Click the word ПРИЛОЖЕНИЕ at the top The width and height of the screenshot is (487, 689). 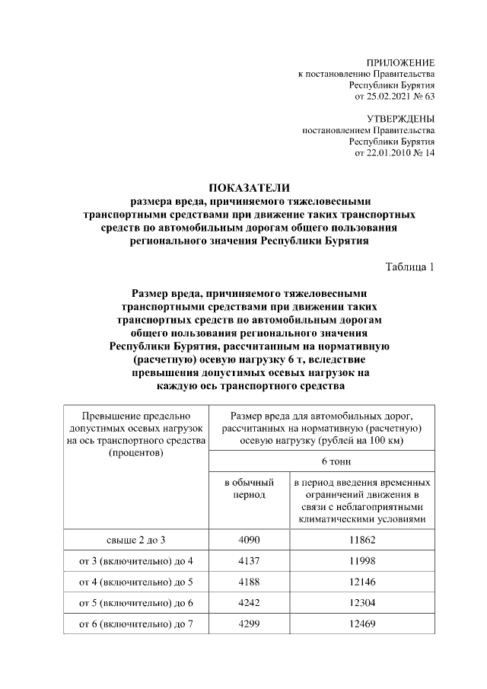[400, 62]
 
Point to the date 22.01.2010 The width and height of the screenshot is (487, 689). [390, 153]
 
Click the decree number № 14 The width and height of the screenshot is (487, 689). [425, 153]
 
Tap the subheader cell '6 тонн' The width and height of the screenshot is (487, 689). [323, 462]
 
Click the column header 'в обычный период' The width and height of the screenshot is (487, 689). [248, 489]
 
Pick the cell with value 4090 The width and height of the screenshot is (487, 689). [248, 540]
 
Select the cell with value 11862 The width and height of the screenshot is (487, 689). [360, 540]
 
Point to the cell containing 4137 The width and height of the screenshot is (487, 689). [248, 561]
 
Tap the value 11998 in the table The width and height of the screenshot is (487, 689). [360, 561]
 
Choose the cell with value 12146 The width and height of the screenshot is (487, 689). [360, 582]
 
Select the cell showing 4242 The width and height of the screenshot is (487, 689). [248, 604]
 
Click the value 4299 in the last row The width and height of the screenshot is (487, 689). [248, 625]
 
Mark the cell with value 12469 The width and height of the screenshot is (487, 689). [360, 625]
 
